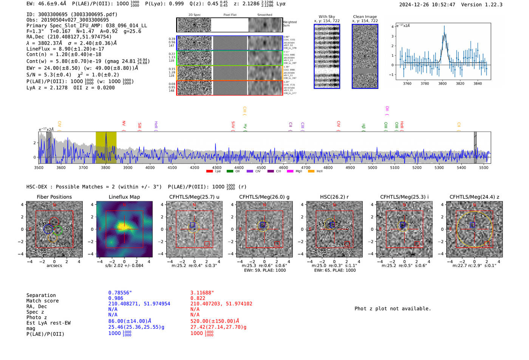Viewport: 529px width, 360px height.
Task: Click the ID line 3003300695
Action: click(x=72, y=14)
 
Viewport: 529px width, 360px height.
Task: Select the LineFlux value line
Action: click(x=65, y=49)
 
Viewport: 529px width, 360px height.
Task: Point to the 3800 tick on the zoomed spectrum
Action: click(x=442, y=83)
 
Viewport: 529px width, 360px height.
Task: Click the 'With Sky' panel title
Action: click(x=327, y=17)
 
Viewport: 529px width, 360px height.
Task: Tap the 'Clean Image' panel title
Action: click(x=365, y=17)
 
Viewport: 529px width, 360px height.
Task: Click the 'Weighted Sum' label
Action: click(x=290, y=24)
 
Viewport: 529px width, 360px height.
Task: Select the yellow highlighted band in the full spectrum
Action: click(x=106, y=147)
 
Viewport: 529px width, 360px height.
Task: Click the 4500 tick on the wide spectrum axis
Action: click(x=261, y=167)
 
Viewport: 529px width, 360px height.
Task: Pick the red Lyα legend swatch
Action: click(x=209, y=172)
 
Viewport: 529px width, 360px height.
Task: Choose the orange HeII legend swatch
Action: click(x=311, y=172)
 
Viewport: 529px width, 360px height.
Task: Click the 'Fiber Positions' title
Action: click(x=54, y=197)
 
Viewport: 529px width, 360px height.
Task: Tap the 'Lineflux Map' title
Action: click(x=124, y=197)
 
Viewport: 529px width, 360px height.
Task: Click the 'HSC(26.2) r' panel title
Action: click(x=334, y=197)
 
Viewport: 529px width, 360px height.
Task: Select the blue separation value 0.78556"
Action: click(x=120, y=293)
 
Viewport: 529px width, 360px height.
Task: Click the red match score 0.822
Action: click(x=198, y=298)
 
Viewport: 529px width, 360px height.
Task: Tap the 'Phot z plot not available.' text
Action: click(x=393, y=309)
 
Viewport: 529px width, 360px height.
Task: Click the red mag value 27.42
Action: click(x=218, y=327)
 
